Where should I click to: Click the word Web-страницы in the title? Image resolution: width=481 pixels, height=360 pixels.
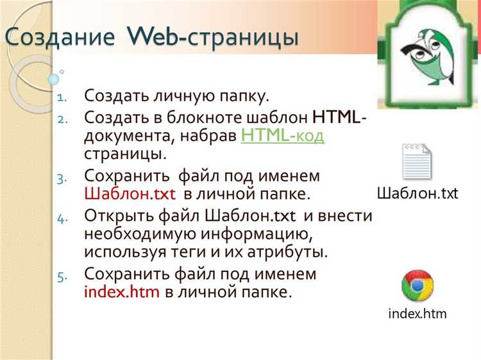tap(215, 37)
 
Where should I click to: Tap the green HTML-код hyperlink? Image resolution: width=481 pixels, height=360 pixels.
tap(283, 136)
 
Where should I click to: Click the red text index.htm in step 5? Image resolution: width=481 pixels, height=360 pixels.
tap(122, 292)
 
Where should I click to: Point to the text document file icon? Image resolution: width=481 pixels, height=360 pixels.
tap(417, 162)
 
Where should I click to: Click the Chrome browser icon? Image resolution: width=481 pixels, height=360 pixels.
tap(418, 285)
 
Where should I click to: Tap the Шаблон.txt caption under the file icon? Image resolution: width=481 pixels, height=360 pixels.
tap(417, 193)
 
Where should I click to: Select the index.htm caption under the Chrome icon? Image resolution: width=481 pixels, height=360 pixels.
tap(418, 314)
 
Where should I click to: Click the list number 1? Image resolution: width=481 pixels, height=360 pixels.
tap(62, 98)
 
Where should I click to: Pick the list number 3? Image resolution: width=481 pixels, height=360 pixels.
tap(62, 177)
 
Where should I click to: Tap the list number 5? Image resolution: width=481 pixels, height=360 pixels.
tap(62, 276)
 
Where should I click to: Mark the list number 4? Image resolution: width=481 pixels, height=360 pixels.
tap(62, 217)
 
